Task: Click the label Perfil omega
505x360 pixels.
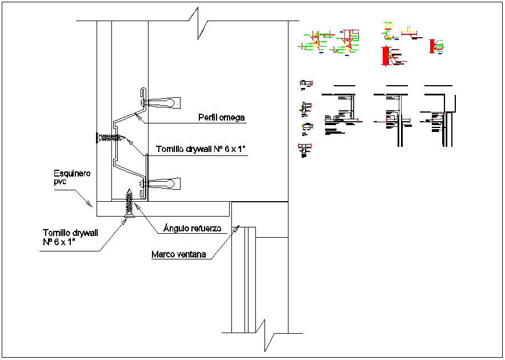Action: [x=221, y=118]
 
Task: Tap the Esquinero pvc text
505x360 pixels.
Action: [x=72, y=177]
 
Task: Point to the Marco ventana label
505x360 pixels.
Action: [x=178, y=255]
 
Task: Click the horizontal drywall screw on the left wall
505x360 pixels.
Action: [x=110, y=137]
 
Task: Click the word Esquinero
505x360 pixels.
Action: [x=72, y=173]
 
